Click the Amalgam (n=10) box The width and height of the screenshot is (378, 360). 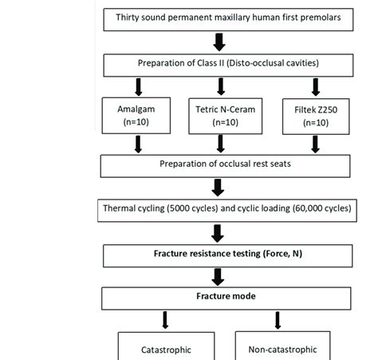pos(138,116)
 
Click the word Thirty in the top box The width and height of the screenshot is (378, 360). pos(131,17)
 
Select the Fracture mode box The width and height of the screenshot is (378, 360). pos(218,297)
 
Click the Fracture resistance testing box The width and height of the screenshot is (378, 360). pos(218,255)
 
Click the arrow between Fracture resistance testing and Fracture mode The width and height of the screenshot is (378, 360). pos(218,275)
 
